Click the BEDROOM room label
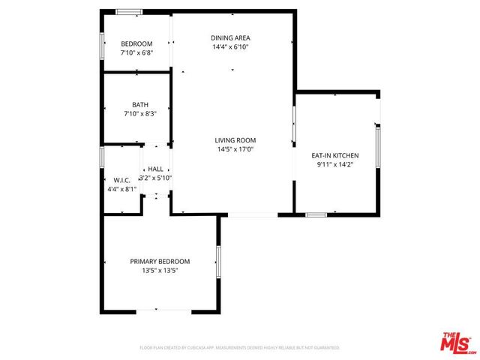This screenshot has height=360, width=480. tap(136, 43)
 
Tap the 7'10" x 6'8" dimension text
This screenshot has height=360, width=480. tap(136, 53)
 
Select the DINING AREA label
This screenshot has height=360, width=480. tap(230, 37)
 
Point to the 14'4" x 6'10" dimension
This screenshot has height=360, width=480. tap(230, 46)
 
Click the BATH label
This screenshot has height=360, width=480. tap(139, 104)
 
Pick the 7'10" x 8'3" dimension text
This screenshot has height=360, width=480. tap(139, 113)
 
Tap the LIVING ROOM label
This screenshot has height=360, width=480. tap(235, 140)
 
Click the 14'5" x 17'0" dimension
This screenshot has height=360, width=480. tap(235, 149)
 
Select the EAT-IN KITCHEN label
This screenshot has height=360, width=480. tap(335, 155)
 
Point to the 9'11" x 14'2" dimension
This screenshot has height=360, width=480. tap(335, 164)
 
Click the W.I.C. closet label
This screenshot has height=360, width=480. tap(121, 180)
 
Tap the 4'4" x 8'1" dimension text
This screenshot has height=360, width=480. tap(121, 189)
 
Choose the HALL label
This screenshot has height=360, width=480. tap(155, 169)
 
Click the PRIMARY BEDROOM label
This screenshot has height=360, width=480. tap(160, 261)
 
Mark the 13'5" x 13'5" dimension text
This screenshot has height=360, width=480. tap(160, 270)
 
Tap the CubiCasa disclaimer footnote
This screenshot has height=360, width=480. tap(240, 348)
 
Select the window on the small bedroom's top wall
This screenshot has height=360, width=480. tap(128, 11)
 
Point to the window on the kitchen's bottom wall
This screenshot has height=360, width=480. tap(316, 215)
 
